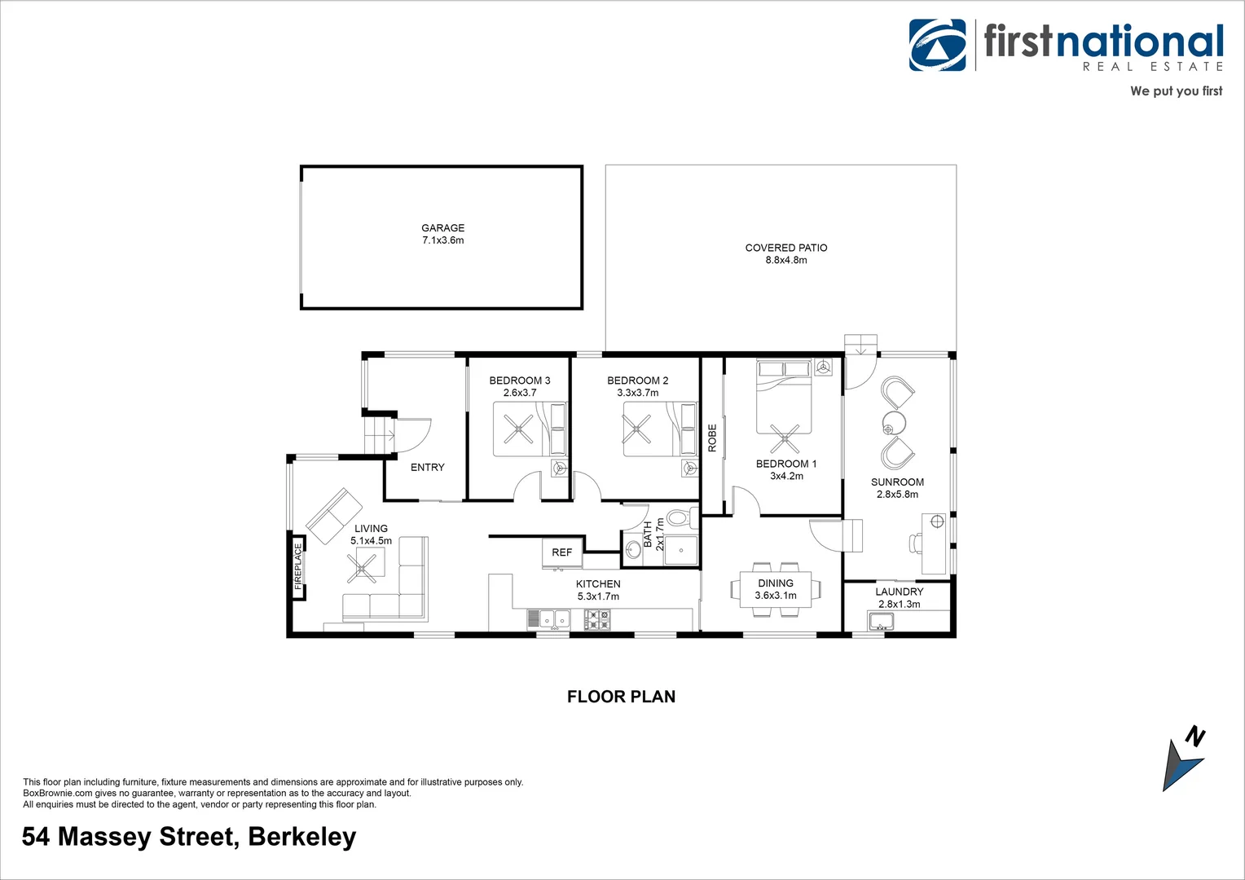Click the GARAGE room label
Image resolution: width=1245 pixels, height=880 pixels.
pos(442,228)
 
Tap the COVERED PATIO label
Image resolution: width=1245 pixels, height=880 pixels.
pos(785,248)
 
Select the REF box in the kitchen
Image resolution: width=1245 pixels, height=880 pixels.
pos(562,552)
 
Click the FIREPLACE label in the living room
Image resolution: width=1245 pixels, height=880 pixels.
pos(298,566)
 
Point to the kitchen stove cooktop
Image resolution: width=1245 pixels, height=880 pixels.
pos(597,620)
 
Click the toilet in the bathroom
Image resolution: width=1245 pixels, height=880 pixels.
pos(679,517)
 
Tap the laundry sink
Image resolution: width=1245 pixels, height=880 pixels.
pos(881,623)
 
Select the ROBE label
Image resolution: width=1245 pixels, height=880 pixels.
pos(712,438)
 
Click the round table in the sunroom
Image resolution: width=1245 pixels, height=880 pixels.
pos(894,423)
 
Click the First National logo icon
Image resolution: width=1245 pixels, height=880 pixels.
pos(937,46)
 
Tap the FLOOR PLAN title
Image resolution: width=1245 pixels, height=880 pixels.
pos(621,697)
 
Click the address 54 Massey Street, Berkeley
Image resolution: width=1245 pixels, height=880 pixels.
pos(189,837)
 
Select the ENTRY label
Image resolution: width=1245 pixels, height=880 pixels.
pos(428,468)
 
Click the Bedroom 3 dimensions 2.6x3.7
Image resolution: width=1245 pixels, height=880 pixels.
pos(520,393)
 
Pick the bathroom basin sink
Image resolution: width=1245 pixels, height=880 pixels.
pos(634,549)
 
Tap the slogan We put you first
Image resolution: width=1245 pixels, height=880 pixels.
pos(1176,91)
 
